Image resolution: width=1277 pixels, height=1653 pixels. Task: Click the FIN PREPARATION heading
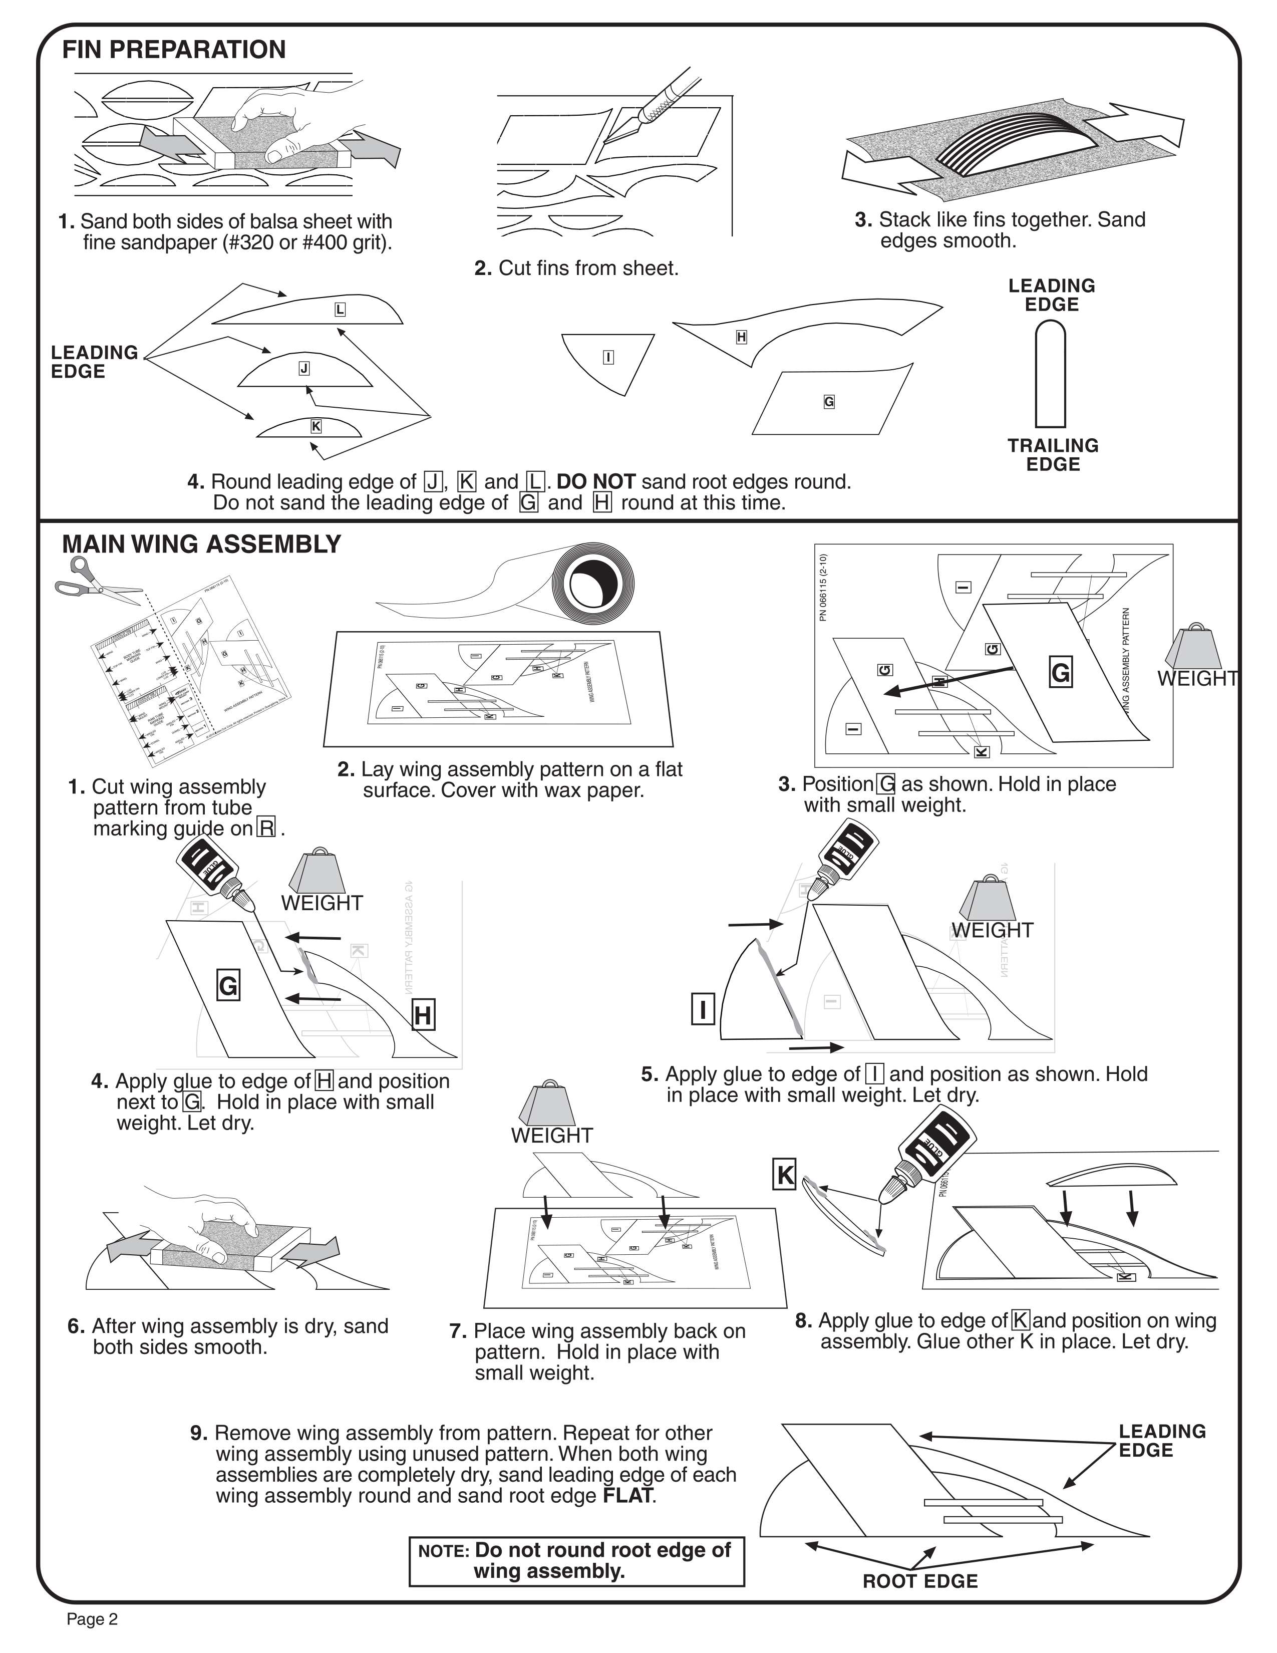coord(174,50)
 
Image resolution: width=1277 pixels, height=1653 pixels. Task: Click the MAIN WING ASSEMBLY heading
coord(201,544)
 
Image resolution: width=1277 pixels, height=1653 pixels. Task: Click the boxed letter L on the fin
coord(340,310)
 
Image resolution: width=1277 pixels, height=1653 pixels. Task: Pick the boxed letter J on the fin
coord(304,369)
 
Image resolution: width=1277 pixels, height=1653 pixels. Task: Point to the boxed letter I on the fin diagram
coord(608,357)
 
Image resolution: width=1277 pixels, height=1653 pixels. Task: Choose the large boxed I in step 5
coord(703,1010)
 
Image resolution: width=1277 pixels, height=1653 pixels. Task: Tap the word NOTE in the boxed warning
coord(444,1551)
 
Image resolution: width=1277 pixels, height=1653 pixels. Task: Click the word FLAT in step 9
coord(627,1496)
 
